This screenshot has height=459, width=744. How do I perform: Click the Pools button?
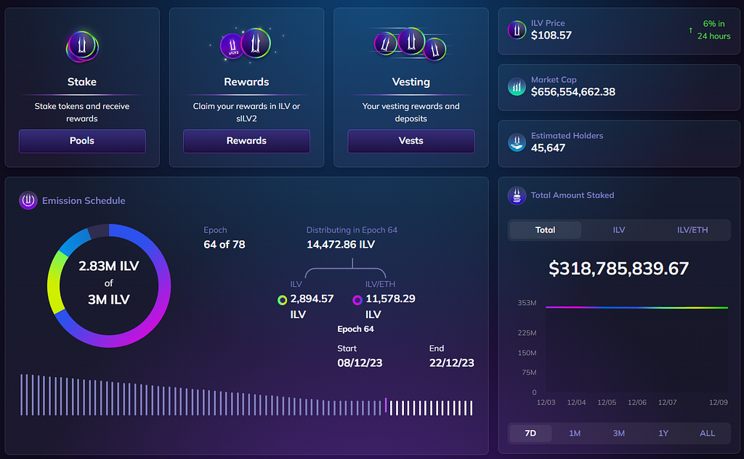coord(82,141)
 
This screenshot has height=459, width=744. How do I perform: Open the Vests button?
coord(411,141)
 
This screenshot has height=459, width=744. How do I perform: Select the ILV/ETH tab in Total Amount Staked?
coord(692,230)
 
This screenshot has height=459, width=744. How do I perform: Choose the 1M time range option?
coord(575,433)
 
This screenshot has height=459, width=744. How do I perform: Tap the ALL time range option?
coord(707,433)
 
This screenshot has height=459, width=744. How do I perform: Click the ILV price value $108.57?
coord(551,35)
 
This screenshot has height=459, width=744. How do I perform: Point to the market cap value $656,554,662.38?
coord(573,92)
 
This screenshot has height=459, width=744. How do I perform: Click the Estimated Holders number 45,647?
coord(548,148)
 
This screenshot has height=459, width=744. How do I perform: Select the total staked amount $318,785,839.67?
coord(618,269)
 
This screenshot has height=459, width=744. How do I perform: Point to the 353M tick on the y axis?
coord(527,303)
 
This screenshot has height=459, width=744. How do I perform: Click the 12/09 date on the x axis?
coord(719,402)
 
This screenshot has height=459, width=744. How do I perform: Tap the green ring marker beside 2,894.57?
coord(283,300)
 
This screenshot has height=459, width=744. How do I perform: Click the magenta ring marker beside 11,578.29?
coord(357,300)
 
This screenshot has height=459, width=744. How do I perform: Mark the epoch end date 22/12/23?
coord(452,362)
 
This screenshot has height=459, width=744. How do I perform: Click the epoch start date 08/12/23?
coord(360,362)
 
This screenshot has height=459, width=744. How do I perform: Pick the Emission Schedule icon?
coord(28,200)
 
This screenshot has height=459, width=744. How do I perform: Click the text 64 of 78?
coord(225,244)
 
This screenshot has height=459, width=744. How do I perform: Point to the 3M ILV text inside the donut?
coord(109,300)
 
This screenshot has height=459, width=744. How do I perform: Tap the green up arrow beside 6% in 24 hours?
coord(690,31)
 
